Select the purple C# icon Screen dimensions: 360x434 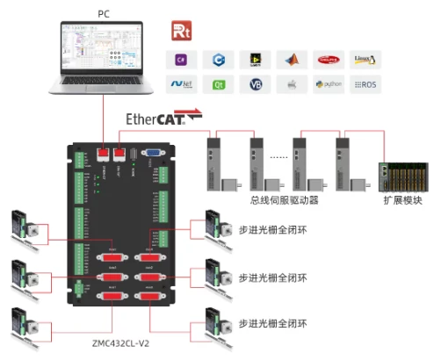pos(181,60)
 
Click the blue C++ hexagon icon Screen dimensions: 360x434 pos(217,60)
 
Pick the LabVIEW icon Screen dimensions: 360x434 pos(255,60)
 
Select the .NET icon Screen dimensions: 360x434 pos(181,85)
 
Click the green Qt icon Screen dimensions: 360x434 pos(217,85)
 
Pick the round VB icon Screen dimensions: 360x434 pos(255,85)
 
